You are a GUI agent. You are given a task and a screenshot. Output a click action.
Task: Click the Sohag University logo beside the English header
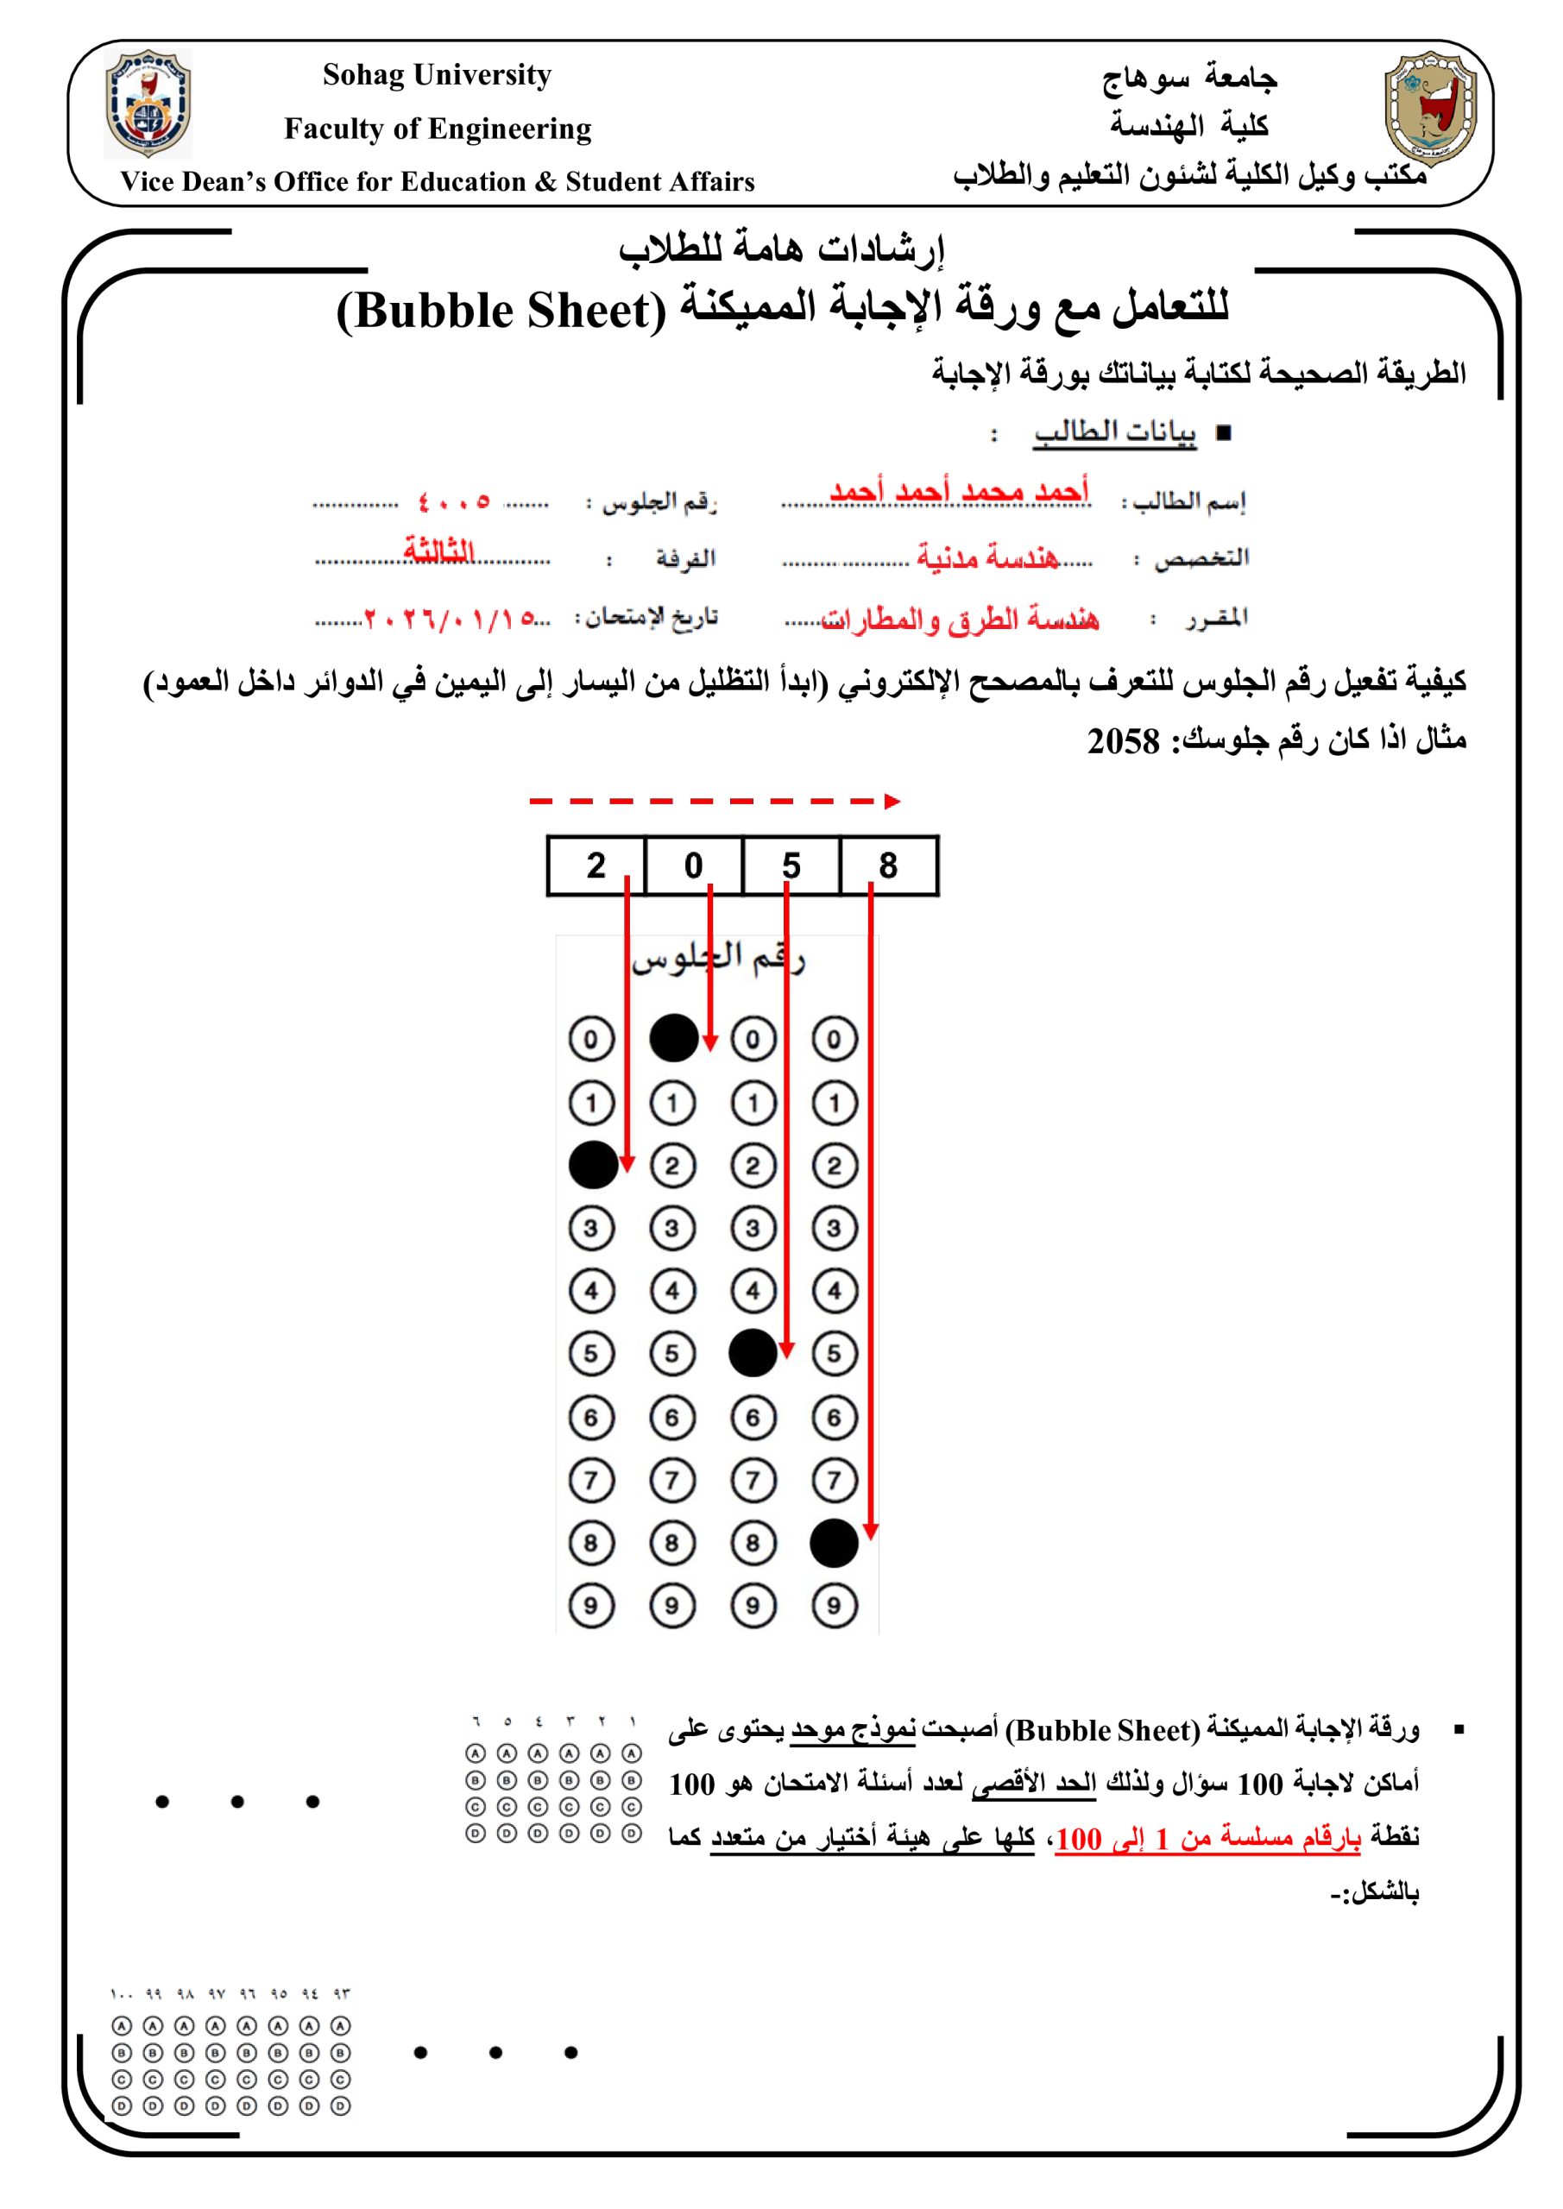[x=148, y=104]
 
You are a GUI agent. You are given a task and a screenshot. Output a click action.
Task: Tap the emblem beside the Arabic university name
[x=1429, y=109]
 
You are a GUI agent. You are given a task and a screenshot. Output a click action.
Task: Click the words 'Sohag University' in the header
[x=437, y=75]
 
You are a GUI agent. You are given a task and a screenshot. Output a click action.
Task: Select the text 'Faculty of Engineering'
[x=437, y=129]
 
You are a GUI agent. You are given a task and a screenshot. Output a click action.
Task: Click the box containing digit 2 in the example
[x=596, y=865]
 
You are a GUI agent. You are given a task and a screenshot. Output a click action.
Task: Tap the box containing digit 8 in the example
[x=888, y=865]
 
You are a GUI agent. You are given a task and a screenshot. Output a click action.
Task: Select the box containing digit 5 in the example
[x=791, y=865]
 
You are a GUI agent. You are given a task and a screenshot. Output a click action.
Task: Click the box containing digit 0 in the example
[x=693, y=865]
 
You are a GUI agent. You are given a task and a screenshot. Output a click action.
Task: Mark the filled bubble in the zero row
[x=674, y=1038]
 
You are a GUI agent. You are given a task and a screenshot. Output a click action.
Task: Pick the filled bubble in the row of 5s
[x=753, y=1353]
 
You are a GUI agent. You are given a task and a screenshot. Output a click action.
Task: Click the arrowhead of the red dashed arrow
[x=892, y=802]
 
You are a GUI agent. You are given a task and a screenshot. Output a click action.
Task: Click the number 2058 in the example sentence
[x=1123, y=742]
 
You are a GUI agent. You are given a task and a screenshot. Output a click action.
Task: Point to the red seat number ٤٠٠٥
[x=454, y=501]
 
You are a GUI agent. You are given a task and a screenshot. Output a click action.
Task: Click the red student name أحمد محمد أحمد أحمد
[x=959, y=491]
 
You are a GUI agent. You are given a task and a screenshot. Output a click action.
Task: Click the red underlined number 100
[x=1078, y=1840]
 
